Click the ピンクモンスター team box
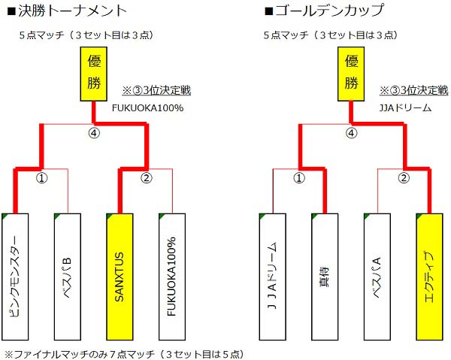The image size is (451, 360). tap(15, 276)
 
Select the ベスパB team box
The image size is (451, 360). tap(67, 276)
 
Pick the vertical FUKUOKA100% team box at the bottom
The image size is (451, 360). tap(171, 276)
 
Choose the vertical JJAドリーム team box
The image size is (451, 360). tap(273, 276)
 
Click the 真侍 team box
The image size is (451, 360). tap(325, 276)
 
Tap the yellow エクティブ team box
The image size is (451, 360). tap(429, 276)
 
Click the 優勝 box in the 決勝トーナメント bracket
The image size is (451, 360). tap(93, 74)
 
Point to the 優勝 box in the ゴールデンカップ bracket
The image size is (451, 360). tap(351, 74)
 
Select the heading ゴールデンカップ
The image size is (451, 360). tap(324, 11)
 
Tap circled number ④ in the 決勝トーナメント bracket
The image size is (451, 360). tap(93, 133)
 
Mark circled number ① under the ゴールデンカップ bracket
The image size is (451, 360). tap(299, 179)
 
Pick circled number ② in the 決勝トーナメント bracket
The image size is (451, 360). tap(147, 179)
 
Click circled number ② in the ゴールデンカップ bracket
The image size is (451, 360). tap(404, 179)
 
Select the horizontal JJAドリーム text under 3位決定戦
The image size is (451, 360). tap(404, 107)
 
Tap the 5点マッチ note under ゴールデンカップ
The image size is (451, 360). tap(330, 35)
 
